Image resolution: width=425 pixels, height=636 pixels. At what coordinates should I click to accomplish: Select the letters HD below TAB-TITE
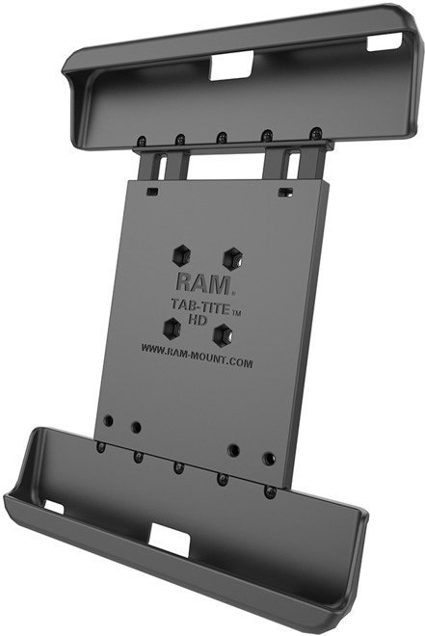coord(198,319)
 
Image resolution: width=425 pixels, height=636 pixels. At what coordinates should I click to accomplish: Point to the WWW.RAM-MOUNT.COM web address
coord(197,355)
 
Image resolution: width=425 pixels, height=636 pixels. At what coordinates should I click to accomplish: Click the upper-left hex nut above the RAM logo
coord(181,255)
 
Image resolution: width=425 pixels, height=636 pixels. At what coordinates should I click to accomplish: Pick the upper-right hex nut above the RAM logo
coord(233,259)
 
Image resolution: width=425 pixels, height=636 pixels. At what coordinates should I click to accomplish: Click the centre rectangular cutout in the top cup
coord(231,66)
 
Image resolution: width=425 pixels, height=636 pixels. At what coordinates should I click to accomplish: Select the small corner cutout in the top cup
coord(385,42)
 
